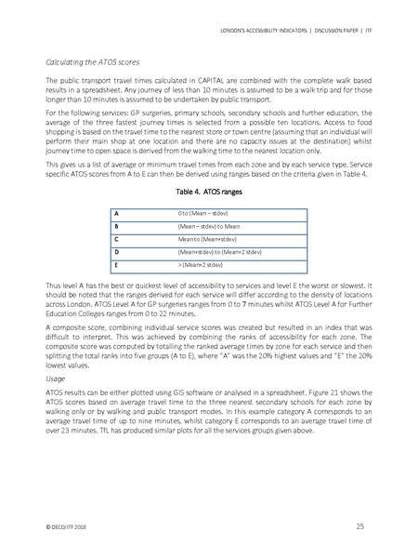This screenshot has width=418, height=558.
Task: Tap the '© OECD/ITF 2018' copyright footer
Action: pos(68,526)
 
